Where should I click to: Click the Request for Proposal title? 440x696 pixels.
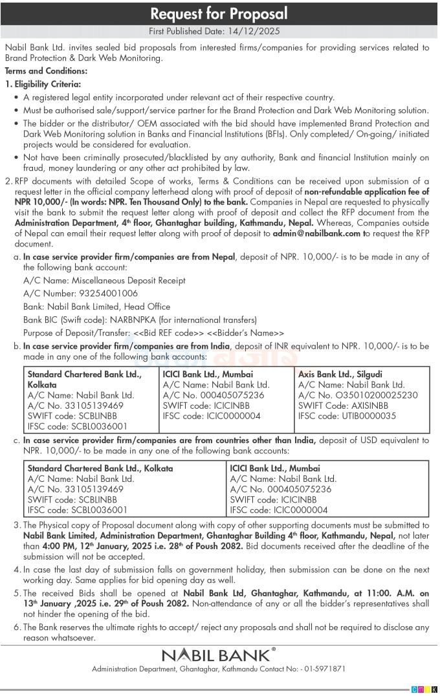click(x=219, y=14)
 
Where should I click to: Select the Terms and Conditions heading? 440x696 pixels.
click(x=46, y=71)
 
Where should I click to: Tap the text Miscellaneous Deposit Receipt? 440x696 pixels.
click(x=127, y=281)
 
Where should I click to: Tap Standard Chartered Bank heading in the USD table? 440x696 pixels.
click(x=100, y=468)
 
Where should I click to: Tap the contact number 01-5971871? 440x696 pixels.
click(x=323, y=668)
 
